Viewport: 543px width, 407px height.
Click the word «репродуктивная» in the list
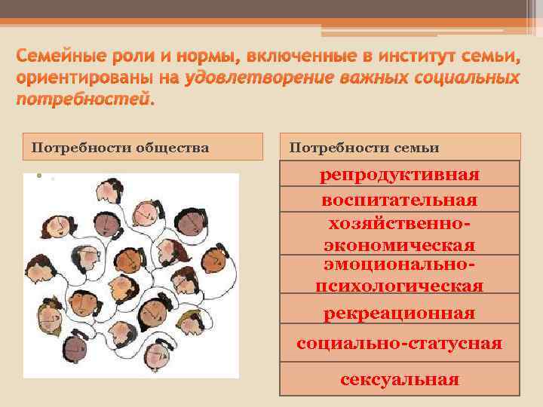(x=399, y=175)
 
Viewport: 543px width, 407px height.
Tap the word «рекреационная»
(x=399, y=313)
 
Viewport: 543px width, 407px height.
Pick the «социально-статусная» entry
(x=399, y=344)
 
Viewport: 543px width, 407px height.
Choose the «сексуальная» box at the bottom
(x=399, y=379)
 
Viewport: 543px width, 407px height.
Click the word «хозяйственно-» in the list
(x=399, y=224)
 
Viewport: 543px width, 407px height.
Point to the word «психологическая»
(x=399, y=286)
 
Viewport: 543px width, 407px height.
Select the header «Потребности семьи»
(x=364, y=147)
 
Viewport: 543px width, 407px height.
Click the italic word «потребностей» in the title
(x=83, y=99)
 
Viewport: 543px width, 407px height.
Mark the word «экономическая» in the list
(x=399, y=246)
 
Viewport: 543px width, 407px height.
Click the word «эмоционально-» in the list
(x=399, y=265)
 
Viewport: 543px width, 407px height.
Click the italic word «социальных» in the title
(x=465, y=78)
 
